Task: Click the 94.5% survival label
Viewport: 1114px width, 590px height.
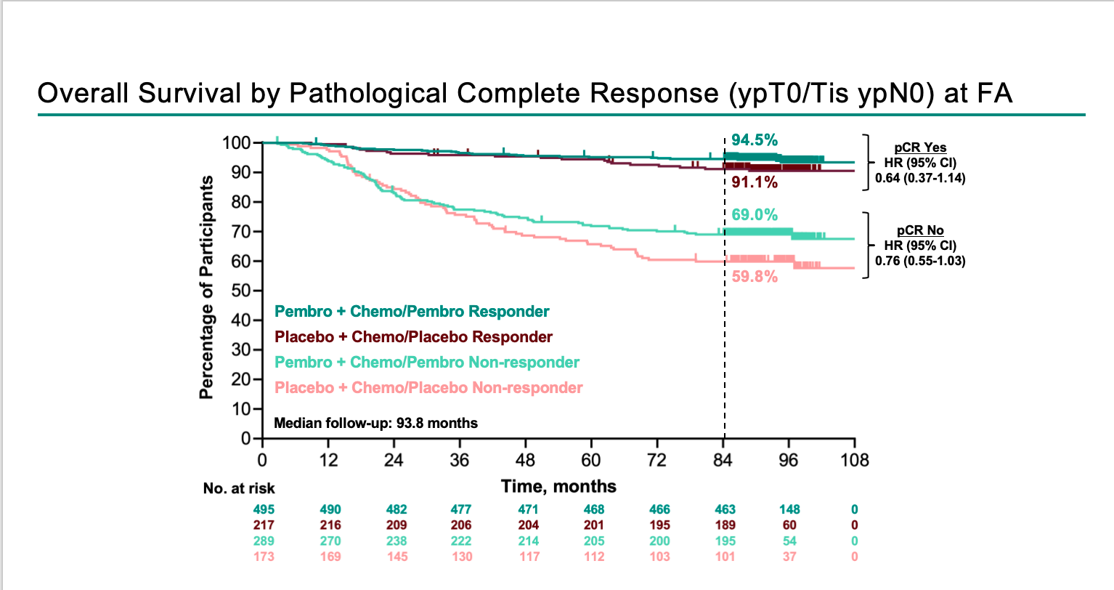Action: click(755, 140)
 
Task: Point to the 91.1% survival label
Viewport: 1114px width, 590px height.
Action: click(755, 182)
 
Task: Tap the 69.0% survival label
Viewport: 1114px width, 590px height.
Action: click(755, 215)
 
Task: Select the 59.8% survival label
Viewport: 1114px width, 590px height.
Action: click(755, 277)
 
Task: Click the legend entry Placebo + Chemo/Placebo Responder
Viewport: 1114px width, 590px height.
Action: click(413, 337)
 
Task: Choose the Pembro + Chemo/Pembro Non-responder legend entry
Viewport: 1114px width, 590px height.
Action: click(427, 363)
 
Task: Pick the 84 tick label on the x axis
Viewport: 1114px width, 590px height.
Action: click(723, 460)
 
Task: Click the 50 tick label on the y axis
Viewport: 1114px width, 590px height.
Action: click(240, 291)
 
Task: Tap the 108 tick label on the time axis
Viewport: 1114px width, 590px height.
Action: click(855, 460)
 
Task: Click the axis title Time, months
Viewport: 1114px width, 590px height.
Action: click(558, 487)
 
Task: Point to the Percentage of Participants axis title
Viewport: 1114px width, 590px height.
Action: click(206, 288)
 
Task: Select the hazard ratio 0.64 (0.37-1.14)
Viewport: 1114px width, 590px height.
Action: click(920, 178)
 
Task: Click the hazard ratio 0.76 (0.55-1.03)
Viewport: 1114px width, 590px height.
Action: click(920, 261)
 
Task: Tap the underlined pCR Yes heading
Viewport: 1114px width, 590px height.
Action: click(920, 147)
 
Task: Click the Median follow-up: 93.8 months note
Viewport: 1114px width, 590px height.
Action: click(376, 424)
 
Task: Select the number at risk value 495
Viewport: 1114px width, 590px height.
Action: click(264, 509)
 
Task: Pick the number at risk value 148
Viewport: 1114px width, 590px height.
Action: click(789, 509)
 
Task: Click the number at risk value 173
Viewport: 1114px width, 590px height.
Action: click(264, 557)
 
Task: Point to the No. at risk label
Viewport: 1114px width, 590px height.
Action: click(239, 488)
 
